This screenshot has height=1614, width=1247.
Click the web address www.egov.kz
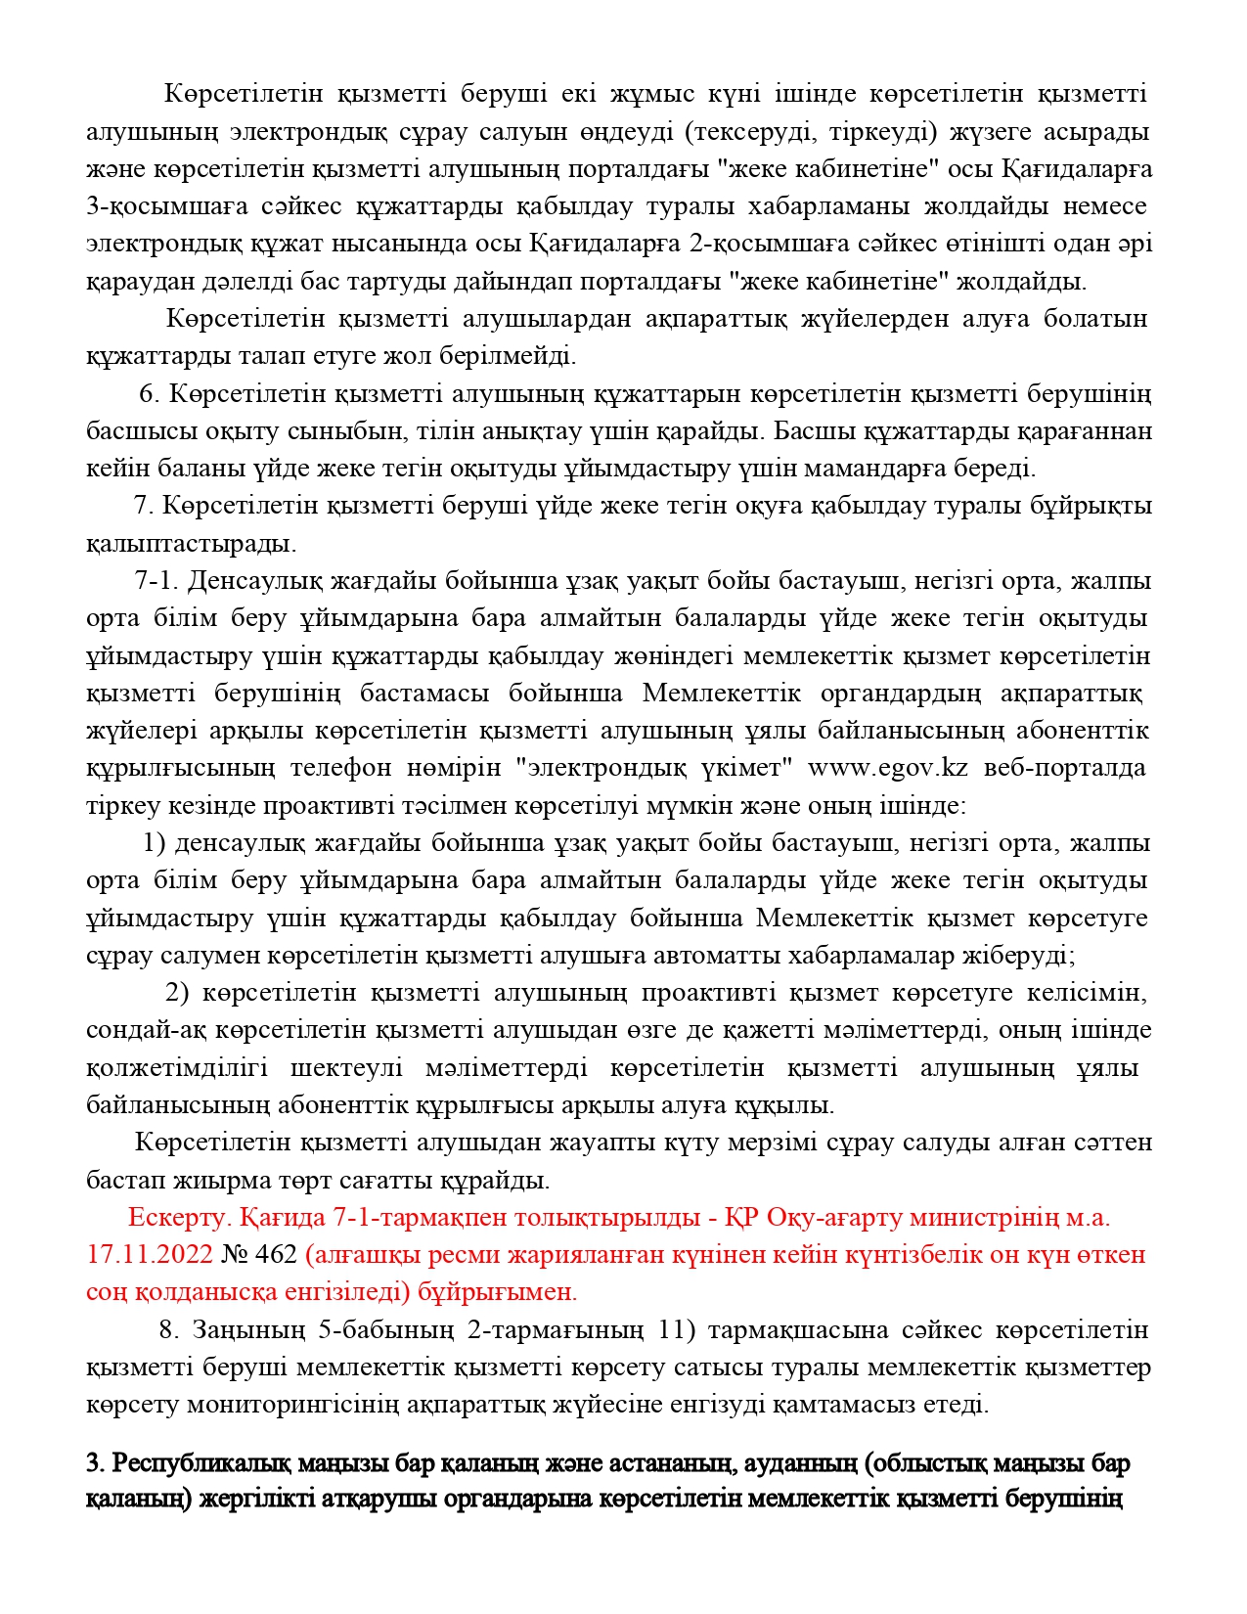(887, 768)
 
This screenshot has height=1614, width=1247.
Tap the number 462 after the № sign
(276, 1254)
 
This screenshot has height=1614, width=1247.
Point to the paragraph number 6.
(150, 394)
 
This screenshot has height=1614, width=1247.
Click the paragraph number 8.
(169, 1330)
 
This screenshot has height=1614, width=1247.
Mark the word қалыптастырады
(191, 543)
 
